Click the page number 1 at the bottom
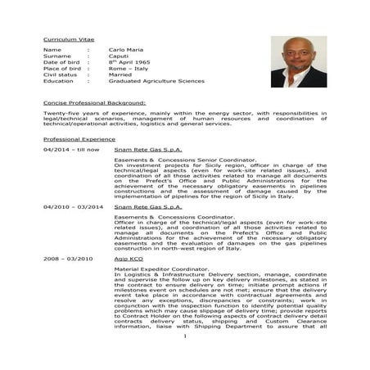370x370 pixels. pyautogui.click(x=185, y=359)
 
